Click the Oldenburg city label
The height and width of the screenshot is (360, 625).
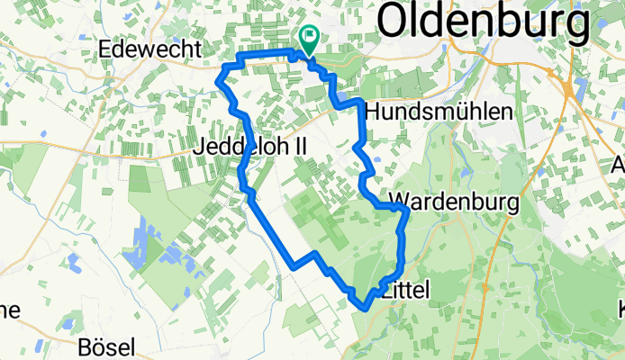coord(483,21)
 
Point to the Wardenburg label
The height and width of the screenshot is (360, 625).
coord(455,202)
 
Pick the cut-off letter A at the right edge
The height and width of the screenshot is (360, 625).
coord(619,166)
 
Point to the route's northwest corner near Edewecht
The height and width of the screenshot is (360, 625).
coord(238,58)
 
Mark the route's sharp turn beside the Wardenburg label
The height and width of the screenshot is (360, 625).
coord(407,209)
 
